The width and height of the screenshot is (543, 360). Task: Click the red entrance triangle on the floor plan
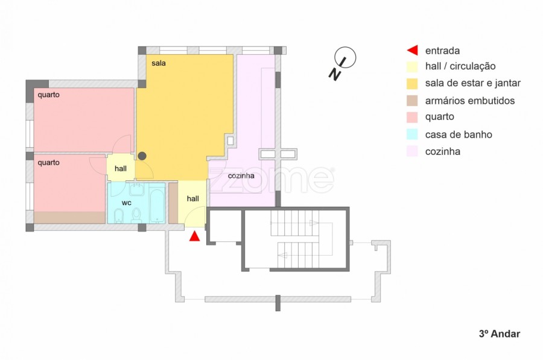195,236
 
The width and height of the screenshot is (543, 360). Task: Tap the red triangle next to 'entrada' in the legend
413,50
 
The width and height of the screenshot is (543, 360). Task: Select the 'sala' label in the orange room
159,63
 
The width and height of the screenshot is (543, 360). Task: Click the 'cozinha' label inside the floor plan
241,175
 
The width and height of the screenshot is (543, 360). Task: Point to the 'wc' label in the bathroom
127,203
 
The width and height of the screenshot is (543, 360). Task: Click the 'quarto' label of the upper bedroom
48,95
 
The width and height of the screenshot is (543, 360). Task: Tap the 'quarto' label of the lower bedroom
48,162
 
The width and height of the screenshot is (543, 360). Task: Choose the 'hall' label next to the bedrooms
121,169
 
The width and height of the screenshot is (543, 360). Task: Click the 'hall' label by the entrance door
193,198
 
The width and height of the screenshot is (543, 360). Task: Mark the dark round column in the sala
142,156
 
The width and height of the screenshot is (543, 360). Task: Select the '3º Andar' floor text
500,333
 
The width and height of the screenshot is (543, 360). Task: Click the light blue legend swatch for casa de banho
412,134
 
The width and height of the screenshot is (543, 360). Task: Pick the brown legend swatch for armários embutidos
412,100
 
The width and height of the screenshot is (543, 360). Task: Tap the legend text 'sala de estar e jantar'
472,83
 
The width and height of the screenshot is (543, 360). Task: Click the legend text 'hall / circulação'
460,66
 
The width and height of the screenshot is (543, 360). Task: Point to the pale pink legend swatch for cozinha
412,151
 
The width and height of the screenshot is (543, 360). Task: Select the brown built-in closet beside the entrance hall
173,203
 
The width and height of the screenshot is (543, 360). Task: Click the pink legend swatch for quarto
412,117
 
